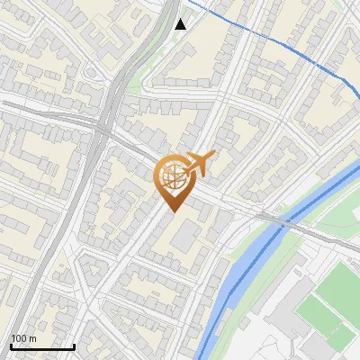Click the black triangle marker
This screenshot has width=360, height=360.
181,23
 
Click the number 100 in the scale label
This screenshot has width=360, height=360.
19,338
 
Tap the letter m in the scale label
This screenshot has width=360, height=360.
32,338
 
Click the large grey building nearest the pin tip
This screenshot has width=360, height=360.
187,234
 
